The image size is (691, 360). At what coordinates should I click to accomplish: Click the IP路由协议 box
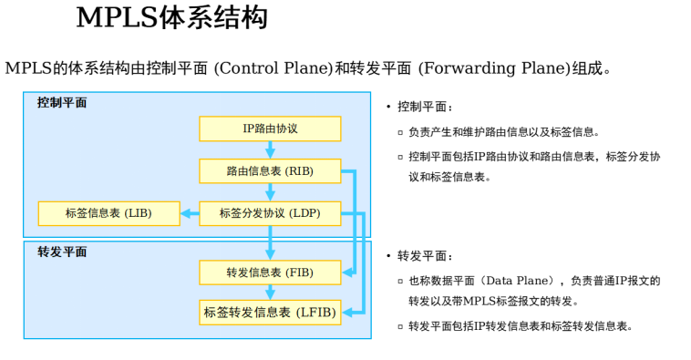(x=270, y=129)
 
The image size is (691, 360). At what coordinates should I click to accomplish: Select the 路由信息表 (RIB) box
(x=270, y=171)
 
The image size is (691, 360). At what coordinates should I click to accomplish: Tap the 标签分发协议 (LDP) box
(x=270, y=213)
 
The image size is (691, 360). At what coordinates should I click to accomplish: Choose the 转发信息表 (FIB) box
(x=270, y=273)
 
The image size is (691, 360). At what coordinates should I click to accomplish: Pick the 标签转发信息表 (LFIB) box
(x=270, y=312)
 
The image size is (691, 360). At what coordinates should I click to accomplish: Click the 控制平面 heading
(x=62, y=103)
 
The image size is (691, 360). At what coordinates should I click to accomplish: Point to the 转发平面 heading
(x=62, y=252)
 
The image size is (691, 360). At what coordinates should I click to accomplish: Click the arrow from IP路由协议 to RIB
(x=270, y=149)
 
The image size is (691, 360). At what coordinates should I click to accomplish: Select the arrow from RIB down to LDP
(x=270, y=192)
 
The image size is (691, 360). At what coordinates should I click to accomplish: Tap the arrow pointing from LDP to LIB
(x=190, y=213)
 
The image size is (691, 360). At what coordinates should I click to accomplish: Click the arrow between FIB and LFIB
(x=270, y=292)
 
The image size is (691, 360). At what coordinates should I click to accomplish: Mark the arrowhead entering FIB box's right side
(x=347, y=272)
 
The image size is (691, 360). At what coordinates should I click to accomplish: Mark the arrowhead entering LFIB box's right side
(x=347, y=312)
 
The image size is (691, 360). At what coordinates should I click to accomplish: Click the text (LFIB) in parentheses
(x=316, y=312)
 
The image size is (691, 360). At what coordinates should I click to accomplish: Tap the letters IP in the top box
(x=248, y=129)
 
